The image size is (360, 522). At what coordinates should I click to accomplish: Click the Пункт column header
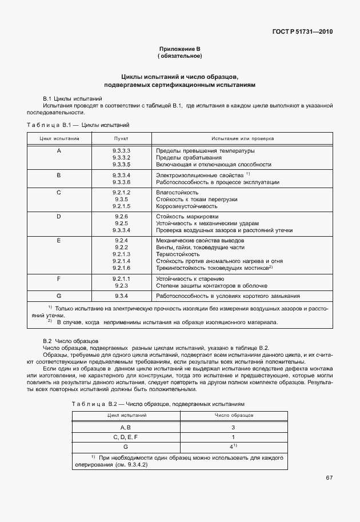tap(121, 138)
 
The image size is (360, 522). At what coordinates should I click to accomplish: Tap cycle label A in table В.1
tap(59, 150)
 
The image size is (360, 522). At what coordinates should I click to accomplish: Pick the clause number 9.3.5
tap(121, 200)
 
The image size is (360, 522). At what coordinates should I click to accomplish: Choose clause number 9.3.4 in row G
tap(121, 296)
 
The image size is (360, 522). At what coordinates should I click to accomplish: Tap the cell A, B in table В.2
tap(126, 427)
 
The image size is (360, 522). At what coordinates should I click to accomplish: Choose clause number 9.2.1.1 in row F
tap(121, 278)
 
